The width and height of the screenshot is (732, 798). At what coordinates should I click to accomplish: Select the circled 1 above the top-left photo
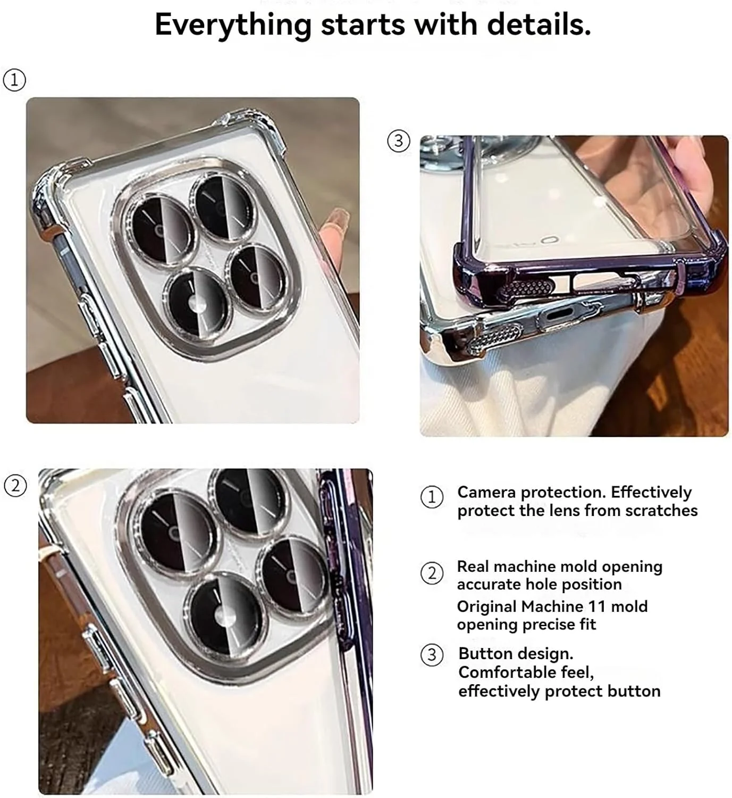(14, 80)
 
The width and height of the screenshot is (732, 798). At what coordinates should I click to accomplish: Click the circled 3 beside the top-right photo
(398, 141)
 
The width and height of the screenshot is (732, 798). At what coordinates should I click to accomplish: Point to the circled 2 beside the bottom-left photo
(15, 486)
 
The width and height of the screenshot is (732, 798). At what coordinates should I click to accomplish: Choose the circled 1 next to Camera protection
(432, 497)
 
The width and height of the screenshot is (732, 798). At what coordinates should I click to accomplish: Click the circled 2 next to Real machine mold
(432, 573)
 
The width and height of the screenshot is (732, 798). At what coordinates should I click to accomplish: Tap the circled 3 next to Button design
(432, 655)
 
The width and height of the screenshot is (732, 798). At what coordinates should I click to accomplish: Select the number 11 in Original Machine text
(596, 606)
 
